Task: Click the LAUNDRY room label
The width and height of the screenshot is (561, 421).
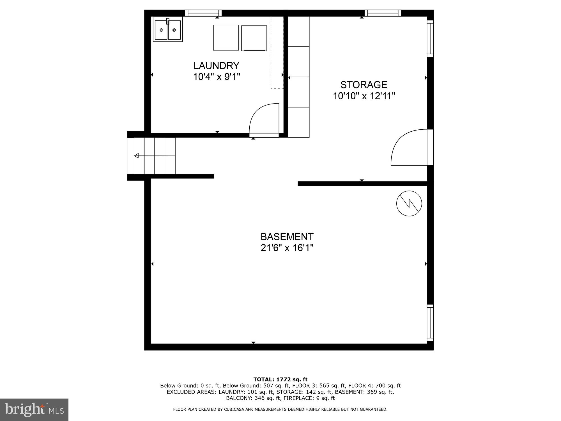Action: [216, 66]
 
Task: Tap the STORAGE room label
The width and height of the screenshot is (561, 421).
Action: [364, 85]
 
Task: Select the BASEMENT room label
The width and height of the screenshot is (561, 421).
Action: [287, 237]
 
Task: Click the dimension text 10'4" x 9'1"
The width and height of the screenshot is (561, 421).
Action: [216, 77]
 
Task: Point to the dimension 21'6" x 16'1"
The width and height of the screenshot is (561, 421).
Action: [287, 248]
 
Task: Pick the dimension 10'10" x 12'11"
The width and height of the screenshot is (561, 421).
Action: [364, 96]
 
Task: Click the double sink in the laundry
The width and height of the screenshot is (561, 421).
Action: [168, 29]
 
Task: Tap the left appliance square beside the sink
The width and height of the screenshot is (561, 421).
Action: [226, 38]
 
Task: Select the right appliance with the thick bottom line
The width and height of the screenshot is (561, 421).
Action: [254, 38]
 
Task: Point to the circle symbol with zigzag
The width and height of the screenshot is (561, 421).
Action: [409, 203]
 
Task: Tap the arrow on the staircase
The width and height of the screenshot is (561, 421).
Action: [137, 156]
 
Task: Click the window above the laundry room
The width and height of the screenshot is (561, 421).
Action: [203, 13]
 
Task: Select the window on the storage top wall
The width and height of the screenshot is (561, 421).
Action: [383, 13]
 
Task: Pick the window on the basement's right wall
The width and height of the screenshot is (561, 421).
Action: [430, 323]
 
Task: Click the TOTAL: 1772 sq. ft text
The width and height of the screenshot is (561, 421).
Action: [280, 379]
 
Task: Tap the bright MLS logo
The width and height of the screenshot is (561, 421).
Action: [34, 409]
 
